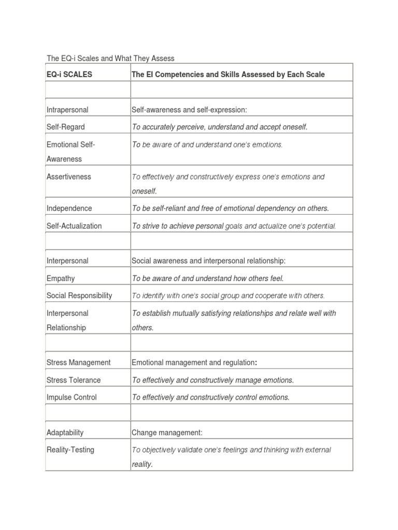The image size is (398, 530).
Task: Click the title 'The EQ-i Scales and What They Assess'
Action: (x=110, y=58)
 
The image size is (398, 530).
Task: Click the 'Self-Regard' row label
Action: (x=65, y=127)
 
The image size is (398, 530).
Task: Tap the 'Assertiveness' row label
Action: (x=68, y=176)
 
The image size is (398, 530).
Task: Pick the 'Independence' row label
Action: (x=69, y=208)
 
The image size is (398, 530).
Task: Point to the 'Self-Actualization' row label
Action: (x=74, y=226)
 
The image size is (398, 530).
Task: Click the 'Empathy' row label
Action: (x=61, y=278)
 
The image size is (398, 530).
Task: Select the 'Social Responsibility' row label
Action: (x=79, y=296)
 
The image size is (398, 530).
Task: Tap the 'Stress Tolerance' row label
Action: (x=74, y=380)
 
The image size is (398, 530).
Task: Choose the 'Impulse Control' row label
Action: (x=72, y=397)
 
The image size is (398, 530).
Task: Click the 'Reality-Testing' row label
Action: (x=70, y=450)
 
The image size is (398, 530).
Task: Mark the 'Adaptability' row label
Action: (x=65, y=432)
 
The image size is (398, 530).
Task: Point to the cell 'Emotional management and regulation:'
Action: (x=194, y=362)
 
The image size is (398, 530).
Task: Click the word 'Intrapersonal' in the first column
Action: (x=67, y=110)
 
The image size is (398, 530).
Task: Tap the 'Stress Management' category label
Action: (x=78, y=362)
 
